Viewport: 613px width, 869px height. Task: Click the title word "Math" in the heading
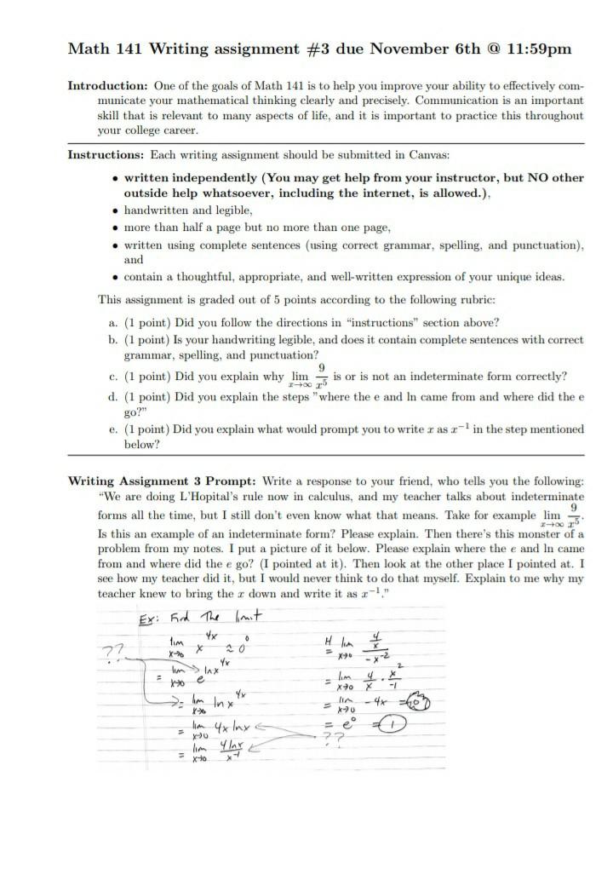pos(88,49)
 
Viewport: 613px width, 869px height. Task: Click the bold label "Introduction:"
pos(108,87)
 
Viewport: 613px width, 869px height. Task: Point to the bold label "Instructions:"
pos(106,155)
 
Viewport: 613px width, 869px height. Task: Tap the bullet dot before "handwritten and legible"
pos(116,210)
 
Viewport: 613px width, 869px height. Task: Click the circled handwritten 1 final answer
pos(393,725)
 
